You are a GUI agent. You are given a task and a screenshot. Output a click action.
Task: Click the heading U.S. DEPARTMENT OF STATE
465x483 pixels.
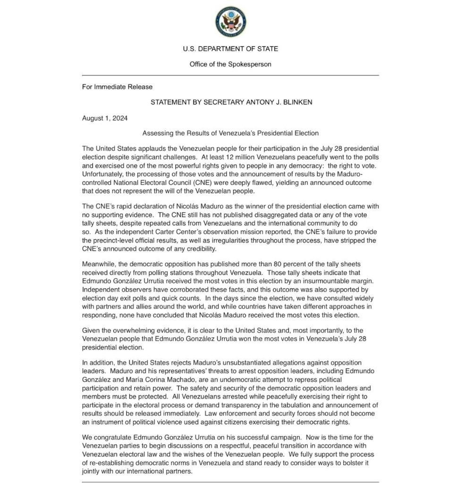click(x=230, y=49)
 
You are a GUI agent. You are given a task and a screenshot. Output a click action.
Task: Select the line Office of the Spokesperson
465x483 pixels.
click(x=230, y=64)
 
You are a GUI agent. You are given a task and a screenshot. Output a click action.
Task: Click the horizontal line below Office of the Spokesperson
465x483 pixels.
click(x=230, y=75)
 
